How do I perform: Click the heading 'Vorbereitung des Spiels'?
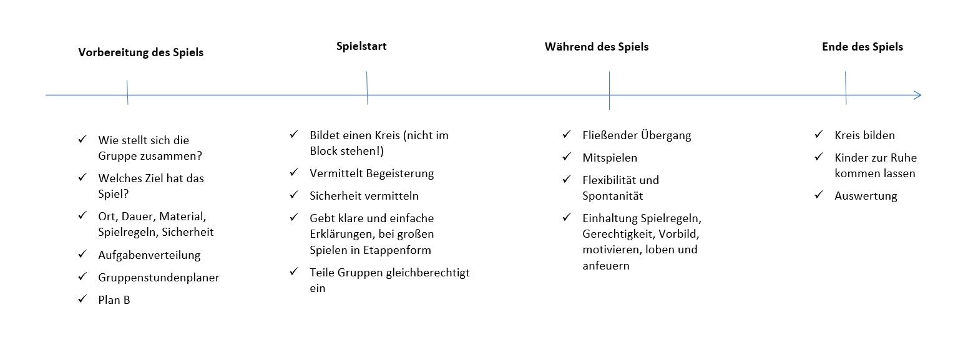[140, 52]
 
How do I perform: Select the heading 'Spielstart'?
[361, 46]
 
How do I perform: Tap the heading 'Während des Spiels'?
[596, 46]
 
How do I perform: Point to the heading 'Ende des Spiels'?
[862, 46]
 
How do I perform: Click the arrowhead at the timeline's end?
[918, 95]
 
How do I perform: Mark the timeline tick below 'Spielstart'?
[367, 87]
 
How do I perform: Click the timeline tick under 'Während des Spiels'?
[609, 90]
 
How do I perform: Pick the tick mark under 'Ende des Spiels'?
[846, 87]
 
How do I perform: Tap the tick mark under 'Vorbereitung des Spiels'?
[127, 92]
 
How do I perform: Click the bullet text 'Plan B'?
[114, 300]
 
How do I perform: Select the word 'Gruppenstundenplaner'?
[159, 278]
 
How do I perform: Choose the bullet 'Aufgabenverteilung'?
[149, 255]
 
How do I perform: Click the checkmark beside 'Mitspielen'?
[567, 157]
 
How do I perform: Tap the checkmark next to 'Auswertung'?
[819, 195]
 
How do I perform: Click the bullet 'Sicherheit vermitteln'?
[364, 196]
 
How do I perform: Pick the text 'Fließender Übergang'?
[637, 135]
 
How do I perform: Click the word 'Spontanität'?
[613, 196]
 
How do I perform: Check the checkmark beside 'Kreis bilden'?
[819, 134]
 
